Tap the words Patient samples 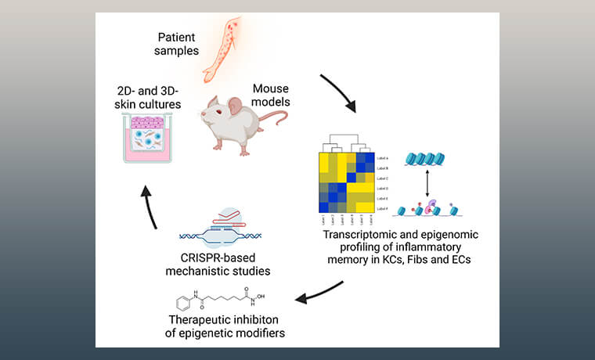177,44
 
